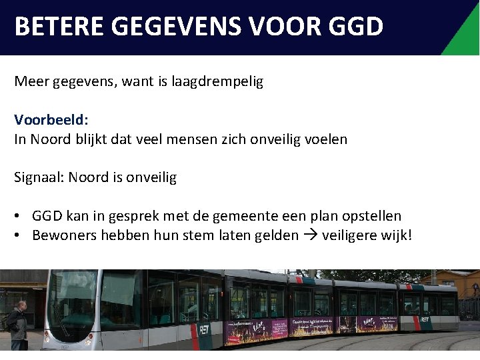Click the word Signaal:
coord(39,177)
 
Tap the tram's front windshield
coord(73,300)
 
